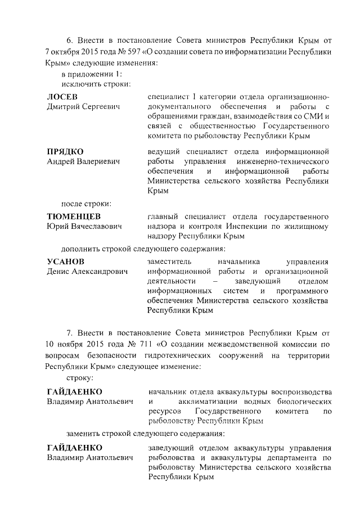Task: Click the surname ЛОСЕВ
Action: [62, 96]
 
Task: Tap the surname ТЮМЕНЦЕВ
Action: [74, 216]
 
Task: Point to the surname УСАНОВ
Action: [65, 262]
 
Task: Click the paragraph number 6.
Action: [69, 41]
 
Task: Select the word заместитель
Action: [169, 262]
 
